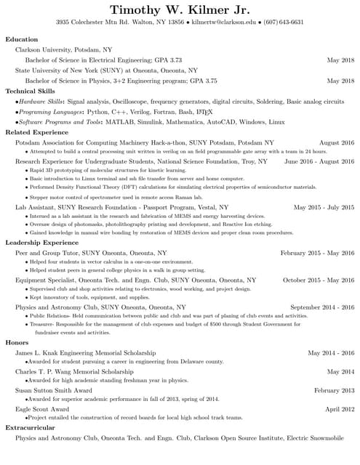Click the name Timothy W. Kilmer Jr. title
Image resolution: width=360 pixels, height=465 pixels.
180,10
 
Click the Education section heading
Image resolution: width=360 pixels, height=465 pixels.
21,39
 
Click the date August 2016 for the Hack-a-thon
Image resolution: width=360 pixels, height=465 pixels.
337,143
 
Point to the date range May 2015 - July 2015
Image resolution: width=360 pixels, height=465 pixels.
324,207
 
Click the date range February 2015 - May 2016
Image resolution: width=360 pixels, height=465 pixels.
317,252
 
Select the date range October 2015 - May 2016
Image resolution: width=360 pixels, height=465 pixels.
319,280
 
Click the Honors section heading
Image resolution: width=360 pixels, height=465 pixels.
17,342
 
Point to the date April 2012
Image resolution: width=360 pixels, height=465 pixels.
340,409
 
